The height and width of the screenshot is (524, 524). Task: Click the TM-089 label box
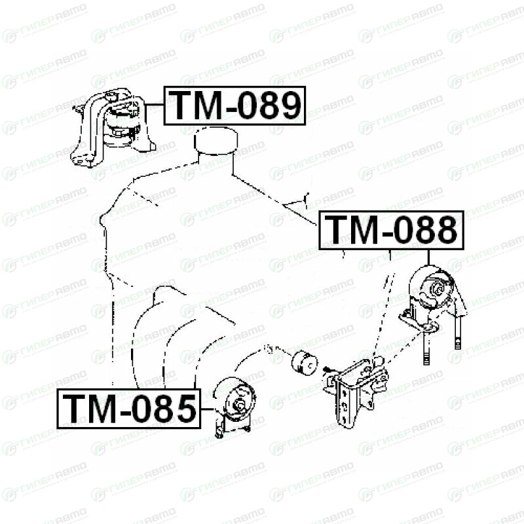click(234, 105)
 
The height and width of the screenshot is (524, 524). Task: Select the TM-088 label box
click(391, 231)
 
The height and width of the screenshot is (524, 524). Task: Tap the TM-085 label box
click(128, 408)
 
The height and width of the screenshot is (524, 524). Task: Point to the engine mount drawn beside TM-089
click(112, 128)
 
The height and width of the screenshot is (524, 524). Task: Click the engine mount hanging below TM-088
click(433, 307)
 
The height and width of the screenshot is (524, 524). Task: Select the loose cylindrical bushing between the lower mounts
click(305, 363)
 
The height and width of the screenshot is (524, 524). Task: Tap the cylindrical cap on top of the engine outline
click(216, 141)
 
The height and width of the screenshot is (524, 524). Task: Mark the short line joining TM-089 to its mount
click(155, 105)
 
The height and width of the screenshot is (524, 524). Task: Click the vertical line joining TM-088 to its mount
click(428, 257)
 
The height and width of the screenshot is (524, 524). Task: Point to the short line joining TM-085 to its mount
click(207, 409)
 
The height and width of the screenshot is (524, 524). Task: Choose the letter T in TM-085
click(75, 408)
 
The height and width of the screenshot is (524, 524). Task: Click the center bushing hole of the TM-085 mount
click(240, 404)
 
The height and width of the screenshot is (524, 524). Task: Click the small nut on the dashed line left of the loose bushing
click(268, 348)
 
